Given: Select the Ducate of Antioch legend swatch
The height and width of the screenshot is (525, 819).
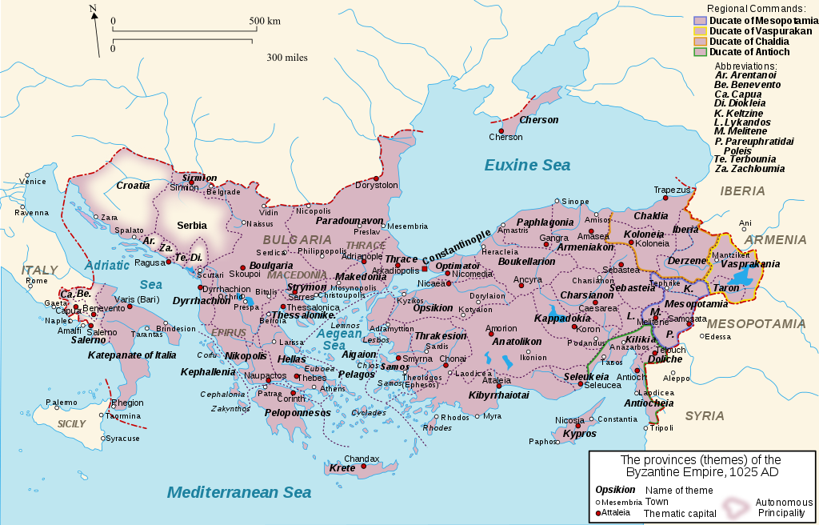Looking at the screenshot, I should tap(700, 52).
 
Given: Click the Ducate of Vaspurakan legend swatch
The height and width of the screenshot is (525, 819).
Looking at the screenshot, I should tap(700, 30).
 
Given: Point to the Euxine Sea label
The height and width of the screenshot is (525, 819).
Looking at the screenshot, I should tap(527, 166).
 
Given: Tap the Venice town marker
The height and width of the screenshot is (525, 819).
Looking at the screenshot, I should tap(27, 174).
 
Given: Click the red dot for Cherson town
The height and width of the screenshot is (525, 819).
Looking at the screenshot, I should tap(501, 130).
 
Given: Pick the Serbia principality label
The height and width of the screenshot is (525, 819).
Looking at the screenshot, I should tap(192, 226).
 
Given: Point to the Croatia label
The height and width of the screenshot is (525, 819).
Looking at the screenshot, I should tap(133, 186).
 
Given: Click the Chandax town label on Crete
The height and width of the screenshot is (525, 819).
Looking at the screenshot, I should tap(361, 459).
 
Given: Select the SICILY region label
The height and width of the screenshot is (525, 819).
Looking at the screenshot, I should tap(71, 423).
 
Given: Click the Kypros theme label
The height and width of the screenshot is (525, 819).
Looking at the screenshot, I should tap(580, 434).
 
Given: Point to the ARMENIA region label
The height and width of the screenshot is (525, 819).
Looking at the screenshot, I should tap(775, 239).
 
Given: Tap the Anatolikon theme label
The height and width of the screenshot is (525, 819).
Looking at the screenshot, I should tap(517, 341).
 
